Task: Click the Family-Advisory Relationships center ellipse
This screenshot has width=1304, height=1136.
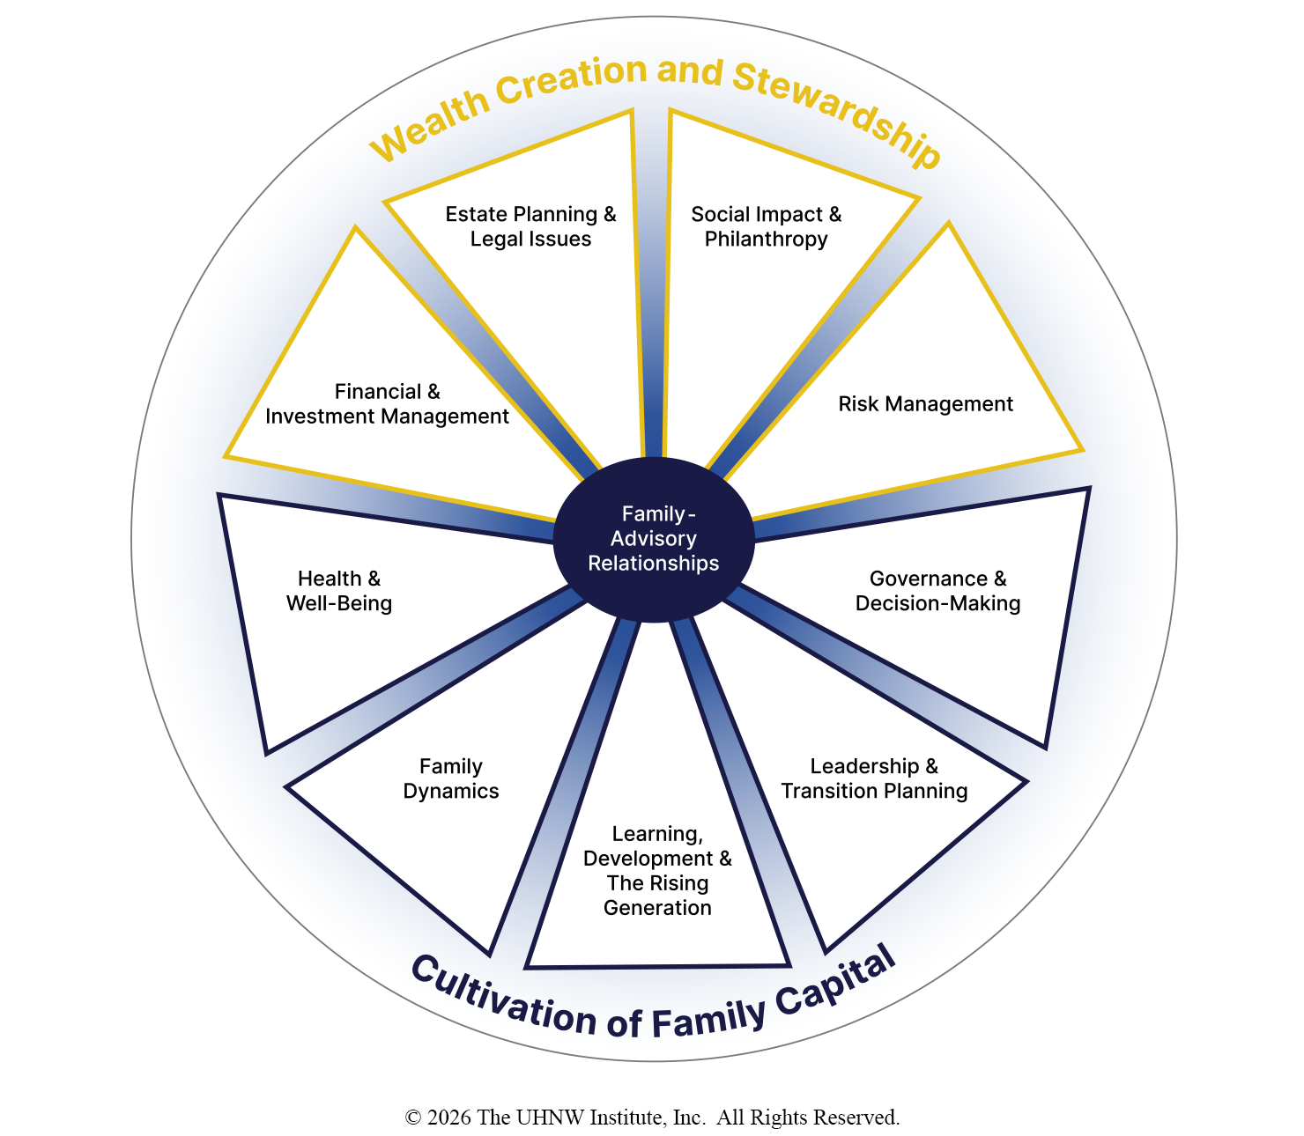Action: point(654,539)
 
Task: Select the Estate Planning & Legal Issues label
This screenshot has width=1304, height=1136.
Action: point(530,226)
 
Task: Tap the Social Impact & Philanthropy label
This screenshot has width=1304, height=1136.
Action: point(766,226)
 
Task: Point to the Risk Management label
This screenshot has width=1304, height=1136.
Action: point(925,404)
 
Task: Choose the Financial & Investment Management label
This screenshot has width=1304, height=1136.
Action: point(387,404)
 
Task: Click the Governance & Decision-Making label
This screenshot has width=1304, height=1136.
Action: point(937,591)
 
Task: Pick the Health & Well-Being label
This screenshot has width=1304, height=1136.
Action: point(339,591)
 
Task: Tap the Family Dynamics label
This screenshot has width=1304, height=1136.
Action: point(451,778)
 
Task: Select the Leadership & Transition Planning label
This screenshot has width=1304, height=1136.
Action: point(874,778)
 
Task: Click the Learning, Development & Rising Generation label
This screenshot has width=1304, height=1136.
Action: point(657,870)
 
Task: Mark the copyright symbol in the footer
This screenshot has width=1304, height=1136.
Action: point(413,1118)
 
